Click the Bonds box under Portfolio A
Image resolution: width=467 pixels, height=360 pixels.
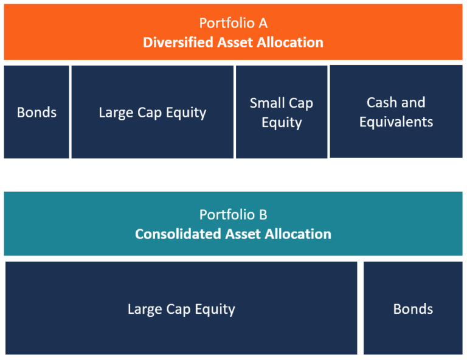(x=36, y=112)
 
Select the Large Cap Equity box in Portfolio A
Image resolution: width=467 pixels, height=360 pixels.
(x=152, y=112)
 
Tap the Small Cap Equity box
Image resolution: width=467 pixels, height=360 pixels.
(x=281, y=112)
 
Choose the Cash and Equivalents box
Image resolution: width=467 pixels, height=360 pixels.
(x=396, y=112)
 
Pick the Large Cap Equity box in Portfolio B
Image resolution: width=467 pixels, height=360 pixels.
(x=181, y=308)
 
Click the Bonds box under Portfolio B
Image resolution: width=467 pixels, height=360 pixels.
(x=413, y=308)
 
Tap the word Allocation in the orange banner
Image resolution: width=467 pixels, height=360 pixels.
(x=288, y=43)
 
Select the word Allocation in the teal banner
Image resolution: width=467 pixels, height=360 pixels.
(x=296, y=234)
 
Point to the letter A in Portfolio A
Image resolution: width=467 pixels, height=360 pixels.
(x=263, y=23)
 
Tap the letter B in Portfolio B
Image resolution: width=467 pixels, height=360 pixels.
(x=263, y=215)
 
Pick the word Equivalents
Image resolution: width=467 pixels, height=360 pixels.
(x=396, y=122)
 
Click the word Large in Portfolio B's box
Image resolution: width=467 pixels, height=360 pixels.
(x=144, y=309)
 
